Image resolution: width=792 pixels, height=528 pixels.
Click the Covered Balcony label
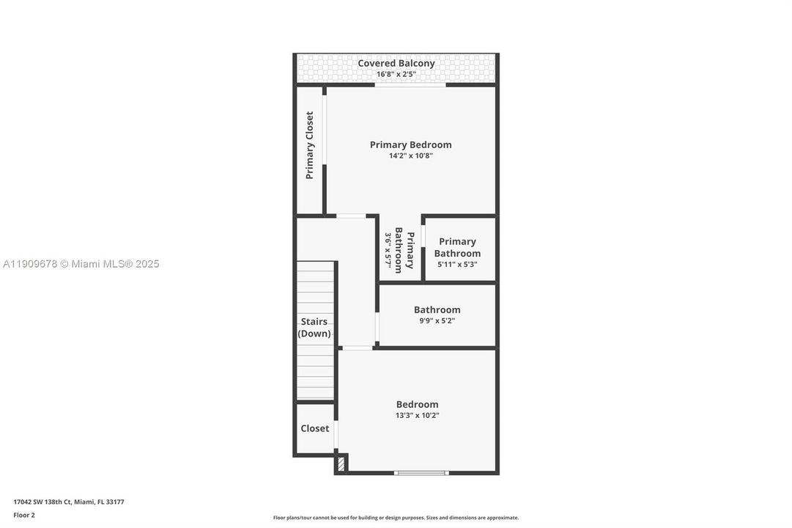click(x=396, y=63)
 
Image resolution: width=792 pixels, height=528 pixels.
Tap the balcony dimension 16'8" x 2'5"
click(x=396, y=74)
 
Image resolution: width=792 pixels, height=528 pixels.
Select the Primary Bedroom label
click(x=410, y=144)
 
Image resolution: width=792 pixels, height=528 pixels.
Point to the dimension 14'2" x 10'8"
click(x=410, y=155)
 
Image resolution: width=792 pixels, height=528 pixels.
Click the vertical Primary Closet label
click(x=310, y=145)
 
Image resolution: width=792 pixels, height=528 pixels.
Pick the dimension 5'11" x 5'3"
click(x=457, y=265)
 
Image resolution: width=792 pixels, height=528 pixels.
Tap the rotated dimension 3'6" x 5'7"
click(x=388, y=249)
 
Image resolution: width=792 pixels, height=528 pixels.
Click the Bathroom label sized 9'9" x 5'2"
click(x=437, y=309)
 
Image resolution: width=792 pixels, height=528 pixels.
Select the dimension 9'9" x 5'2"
click(x=437, y=320)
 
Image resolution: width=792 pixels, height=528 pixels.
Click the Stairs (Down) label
click(x=314, y=328)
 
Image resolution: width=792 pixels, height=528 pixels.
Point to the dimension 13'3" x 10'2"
click(x=417, y=415)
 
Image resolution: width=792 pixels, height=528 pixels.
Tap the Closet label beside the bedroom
click(x=314, y=428)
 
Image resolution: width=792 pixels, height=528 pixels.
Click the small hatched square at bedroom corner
click(x=341, y=463)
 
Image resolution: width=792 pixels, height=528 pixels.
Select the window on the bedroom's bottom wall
click(x=421, y=473)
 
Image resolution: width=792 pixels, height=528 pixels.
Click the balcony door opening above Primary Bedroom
click(x=410, y=85)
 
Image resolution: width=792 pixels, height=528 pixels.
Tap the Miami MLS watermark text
click(x=80, y=264)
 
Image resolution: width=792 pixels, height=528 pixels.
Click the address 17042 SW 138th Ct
click(x=68, y=502)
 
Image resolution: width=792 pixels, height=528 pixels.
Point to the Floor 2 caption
click(x=23, y=515)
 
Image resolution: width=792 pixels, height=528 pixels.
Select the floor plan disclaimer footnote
click(x=396, y=518)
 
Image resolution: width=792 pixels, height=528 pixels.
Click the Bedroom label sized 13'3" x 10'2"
click(x=417, y=404)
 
